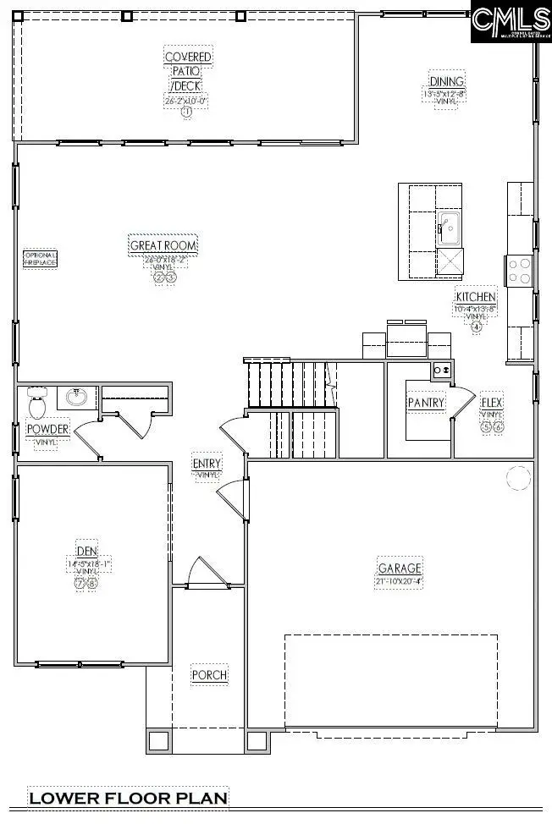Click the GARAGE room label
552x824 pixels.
(400, 568)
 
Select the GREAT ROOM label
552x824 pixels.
(163, 246)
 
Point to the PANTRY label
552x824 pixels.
(426, 403)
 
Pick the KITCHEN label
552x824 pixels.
(476, 297)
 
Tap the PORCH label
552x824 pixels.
(209, 675)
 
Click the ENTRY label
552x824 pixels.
(207, 464)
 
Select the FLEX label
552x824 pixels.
(492, 403)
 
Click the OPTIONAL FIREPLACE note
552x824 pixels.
(40, 259)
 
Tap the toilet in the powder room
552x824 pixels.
(36, 403)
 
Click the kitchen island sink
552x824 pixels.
(448, 226)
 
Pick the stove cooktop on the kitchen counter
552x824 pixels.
(518, 271)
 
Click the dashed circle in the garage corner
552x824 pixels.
(517, 479)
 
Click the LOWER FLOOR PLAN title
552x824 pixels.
(128, 798)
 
